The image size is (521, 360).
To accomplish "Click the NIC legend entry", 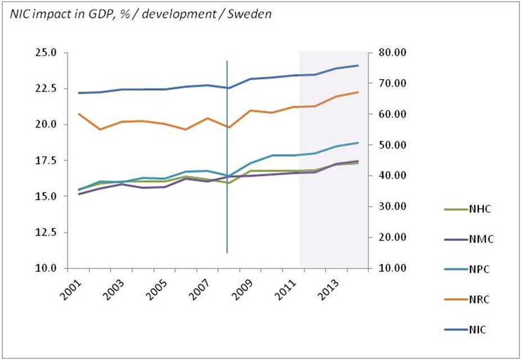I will point(477,330).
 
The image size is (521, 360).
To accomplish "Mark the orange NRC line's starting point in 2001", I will point(79,114).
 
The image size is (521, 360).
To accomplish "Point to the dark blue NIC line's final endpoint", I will point(358,66).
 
